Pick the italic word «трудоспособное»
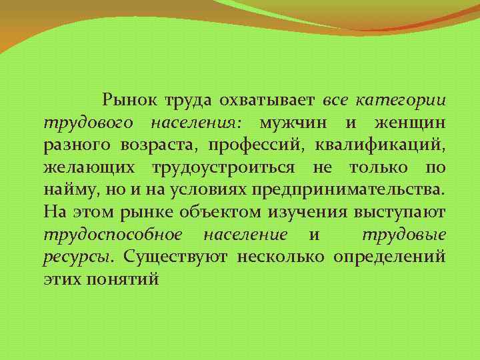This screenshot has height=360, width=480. [x=112, y=235]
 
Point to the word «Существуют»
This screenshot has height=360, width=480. [x=176, y=257]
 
